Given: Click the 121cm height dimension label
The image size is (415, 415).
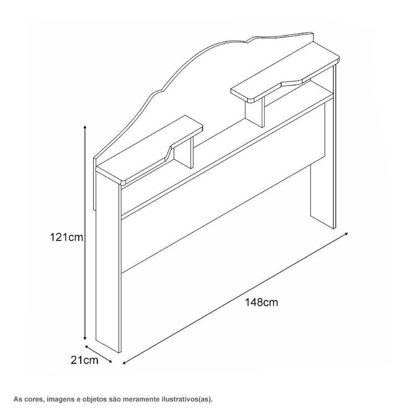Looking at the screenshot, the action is (x=66, y=237).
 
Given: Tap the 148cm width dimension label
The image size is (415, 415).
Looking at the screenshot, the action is (x=261, y=302).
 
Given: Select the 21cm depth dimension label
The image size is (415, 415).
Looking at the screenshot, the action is (x=85, y=360).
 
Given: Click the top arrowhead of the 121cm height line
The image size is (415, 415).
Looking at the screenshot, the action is (x=85, y=127).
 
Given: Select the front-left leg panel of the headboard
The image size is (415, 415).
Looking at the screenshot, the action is (x=108, y=261).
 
